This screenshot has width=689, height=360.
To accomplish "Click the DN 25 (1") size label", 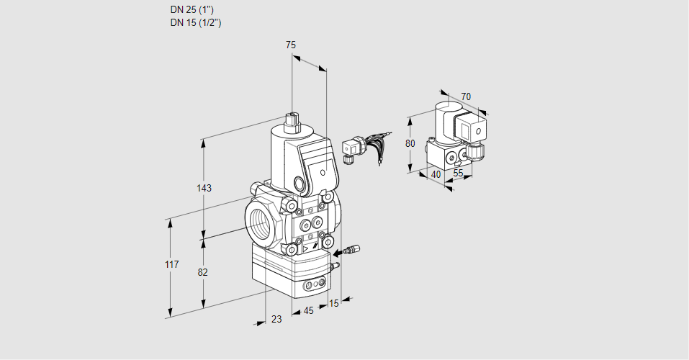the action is point(192,9).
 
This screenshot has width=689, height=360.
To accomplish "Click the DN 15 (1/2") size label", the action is point(196,22).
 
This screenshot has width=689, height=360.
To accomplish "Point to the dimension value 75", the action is point(290,45).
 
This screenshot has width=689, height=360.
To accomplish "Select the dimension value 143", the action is point(204,188).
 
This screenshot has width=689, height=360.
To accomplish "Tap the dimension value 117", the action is point(172,264).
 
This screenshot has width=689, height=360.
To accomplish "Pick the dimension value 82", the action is point(202,272).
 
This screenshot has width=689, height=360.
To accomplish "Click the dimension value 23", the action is point(276,319).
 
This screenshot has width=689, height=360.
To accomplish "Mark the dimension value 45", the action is point(308,311).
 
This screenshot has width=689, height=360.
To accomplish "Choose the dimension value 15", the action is point(334,303).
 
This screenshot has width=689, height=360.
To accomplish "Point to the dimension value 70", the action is point(466,96).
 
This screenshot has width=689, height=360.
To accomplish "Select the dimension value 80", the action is point(410,143).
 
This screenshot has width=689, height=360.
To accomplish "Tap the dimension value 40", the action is point(436,174).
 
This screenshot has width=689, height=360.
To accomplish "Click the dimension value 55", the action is point(458,173).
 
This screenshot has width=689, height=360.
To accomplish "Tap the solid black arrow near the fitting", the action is point(338,253).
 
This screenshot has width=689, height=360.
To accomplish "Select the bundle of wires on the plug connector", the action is point(377,145).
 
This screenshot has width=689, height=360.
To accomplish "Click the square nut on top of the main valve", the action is point(292,119).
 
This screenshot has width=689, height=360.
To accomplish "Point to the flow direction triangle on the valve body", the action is point(305,249).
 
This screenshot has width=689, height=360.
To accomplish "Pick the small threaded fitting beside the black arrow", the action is point(353,249).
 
